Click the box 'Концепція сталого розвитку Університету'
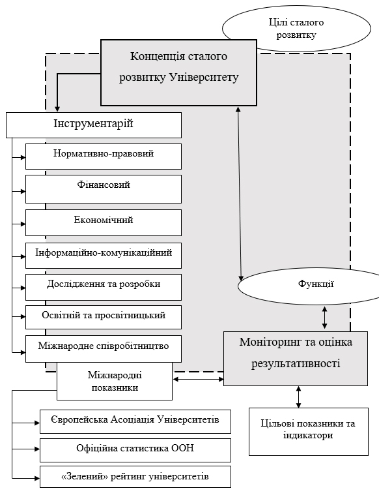click(x=178, y=72)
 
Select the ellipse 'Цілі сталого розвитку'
click(x=296, y=29)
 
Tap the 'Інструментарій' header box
click(x=94, y=125)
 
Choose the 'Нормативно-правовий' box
click(x=104, y=157)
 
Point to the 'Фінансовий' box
click(x=104, y=189)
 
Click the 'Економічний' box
click(x=104, y=222)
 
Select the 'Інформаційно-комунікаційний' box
click(x=104, y=256)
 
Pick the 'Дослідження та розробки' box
click(x=104, y=287)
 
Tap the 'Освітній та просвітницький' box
click(x=104, y=317)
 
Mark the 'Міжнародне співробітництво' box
click(x=104, y=349)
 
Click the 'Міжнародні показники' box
click(x=115, y=382)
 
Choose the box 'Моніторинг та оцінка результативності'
click(x=296, y=359)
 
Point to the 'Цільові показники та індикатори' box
click(x=309, y=432)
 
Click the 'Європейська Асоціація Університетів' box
click(x=135, y=421)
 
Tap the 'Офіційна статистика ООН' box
click(x=135, y=450)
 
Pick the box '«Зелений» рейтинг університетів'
click(x=135, y=477)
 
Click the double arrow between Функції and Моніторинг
click(x=324, y=317)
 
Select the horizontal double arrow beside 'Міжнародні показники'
click(x=199, y=379)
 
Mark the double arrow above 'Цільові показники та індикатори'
click(x=298, y=397)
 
